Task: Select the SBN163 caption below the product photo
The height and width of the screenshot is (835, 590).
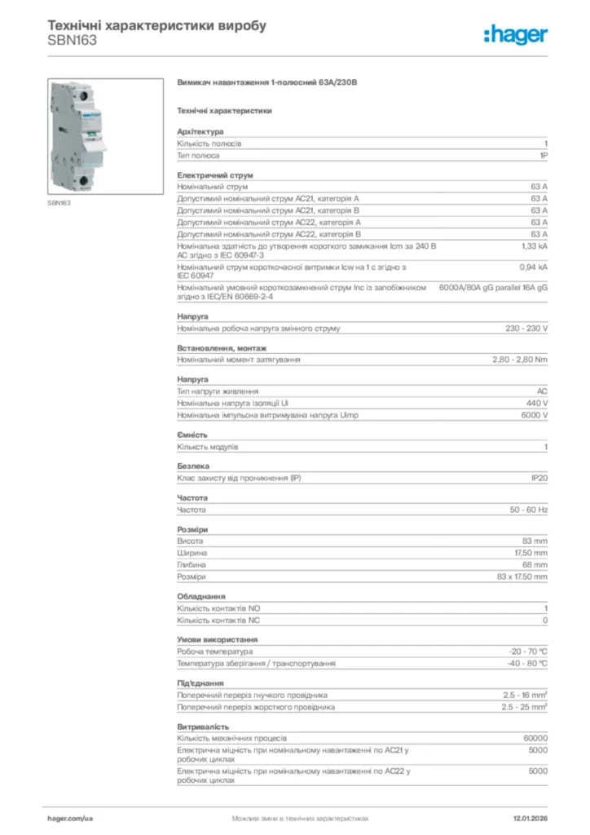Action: (59, 202)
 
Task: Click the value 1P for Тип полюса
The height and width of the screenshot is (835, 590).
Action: (543, 155)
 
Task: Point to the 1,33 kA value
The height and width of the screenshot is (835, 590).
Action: (535, 245)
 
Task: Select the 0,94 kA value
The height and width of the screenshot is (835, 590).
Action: (534, 267)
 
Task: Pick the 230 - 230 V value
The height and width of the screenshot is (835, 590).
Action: (526, 329)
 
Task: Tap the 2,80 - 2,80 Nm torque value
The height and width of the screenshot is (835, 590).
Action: (520, 360)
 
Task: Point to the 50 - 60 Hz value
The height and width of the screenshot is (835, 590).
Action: (529, 510)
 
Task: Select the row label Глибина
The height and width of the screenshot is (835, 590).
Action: (192, 564)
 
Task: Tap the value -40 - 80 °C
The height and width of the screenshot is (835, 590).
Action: (528, 664)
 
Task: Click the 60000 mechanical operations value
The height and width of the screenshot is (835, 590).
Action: (535, 738)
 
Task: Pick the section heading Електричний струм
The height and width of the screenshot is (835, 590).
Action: (215, 175)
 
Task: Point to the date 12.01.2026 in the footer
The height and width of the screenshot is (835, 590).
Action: (530, 817)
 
